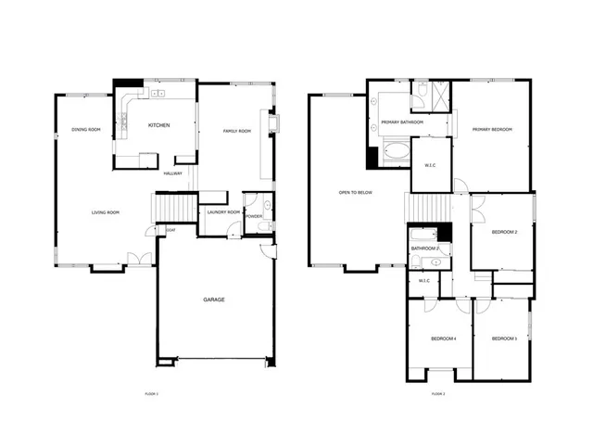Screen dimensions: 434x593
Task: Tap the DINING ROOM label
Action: (86, 130)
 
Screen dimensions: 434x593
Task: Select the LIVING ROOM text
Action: (106, 213)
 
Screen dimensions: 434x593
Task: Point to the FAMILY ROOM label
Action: (237, 131)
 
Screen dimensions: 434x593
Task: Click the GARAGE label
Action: (214, 300)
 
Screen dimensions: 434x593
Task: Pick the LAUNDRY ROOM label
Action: (223, 212)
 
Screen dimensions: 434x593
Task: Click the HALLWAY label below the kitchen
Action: (172, 173)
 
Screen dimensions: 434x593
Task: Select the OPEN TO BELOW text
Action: (356, 193)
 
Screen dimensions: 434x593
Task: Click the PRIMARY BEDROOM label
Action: (492, 130)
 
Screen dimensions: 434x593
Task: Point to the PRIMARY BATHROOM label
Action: (403, 122)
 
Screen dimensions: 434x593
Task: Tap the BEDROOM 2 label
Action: (504, 232)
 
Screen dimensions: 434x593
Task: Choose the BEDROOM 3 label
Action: (503, 338)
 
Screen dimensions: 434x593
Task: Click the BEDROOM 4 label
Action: (443, 338)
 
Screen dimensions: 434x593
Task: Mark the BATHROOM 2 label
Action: (424, 249)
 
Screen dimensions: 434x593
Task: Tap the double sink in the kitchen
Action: (158, 93)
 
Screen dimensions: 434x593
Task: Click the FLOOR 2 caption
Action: (437, 395)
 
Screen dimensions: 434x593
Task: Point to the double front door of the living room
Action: (139, 259)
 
